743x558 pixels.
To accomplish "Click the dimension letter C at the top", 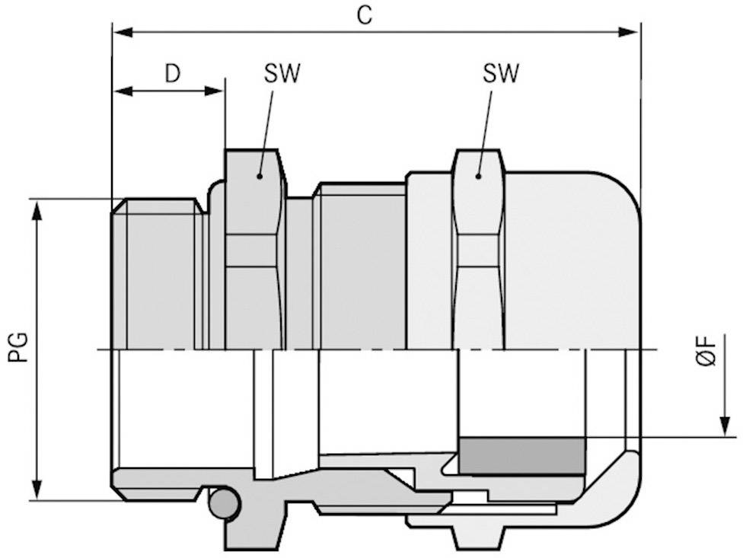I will point(365,16).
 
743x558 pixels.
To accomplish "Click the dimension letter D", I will point(173,73).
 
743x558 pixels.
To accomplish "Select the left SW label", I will point(282,73).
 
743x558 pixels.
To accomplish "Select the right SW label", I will point(501,73).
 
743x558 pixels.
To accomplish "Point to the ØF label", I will point(707,352).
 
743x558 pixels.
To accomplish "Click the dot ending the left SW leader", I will point(260,176).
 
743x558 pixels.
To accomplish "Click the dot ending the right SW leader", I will point(478,176).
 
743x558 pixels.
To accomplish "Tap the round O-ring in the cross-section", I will point(224,504).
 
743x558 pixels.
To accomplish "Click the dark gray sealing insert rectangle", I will point(521,456).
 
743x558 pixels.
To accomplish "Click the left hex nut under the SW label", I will point(256,251).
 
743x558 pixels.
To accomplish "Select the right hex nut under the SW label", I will point(478,251).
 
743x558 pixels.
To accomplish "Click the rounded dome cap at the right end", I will point(579,259).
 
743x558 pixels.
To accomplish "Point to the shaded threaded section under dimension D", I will point(160,274).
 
